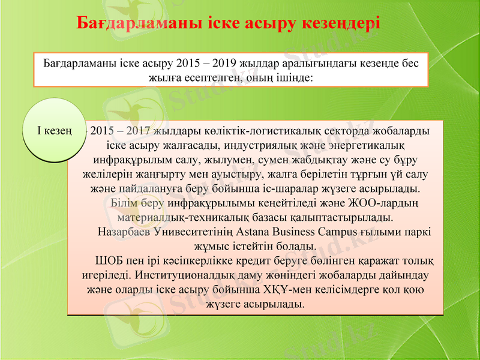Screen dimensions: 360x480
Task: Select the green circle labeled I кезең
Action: coord(52,130)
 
